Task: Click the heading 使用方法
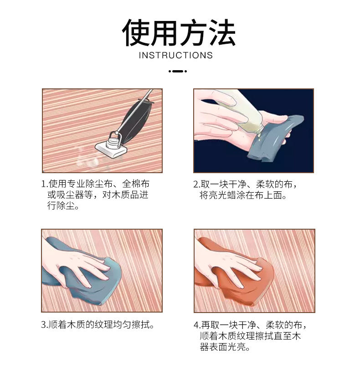179,32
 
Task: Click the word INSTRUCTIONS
176,55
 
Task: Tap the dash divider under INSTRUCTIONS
178,71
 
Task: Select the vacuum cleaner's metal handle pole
134,112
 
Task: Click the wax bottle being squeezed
239,111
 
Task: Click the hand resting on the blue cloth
75,264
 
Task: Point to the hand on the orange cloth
228,264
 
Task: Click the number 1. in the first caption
45,184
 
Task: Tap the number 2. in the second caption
196,185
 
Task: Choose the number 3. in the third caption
44,325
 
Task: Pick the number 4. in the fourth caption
197,325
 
